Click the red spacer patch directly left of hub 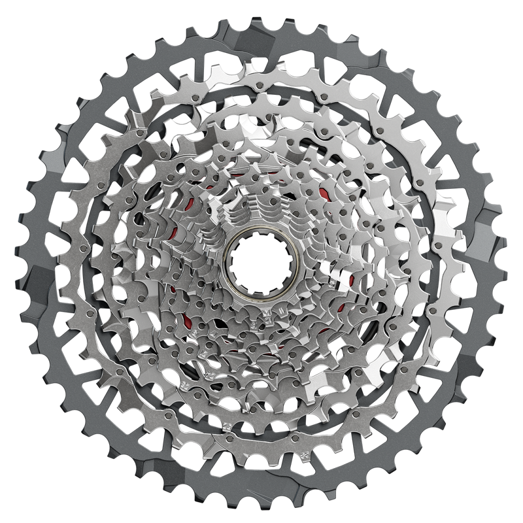click(x=171, y=288)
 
